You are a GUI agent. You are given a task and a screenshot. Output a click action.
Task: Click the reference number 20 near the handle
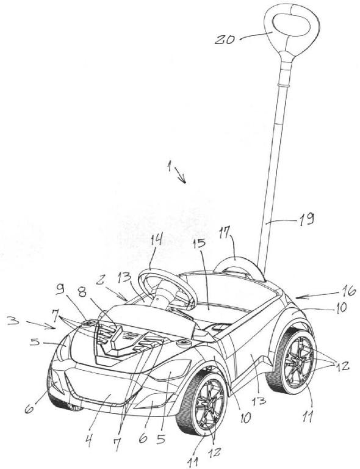click(225, 39)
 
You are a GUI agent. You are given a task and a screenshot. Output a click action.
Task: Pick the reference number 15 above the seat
click(199, 243)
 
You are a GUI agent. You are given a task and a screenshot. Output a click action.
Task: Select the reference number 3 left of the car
click(13, 321)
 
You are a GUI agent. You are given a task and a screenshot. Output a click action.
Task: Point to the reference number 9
click(61, 290)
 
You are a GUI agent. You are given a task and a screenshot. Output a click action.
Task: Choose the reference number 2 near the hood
click(101, 280)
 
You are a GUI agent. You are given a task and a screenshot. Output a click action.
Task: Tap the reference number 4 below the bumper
click(88, 440)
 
